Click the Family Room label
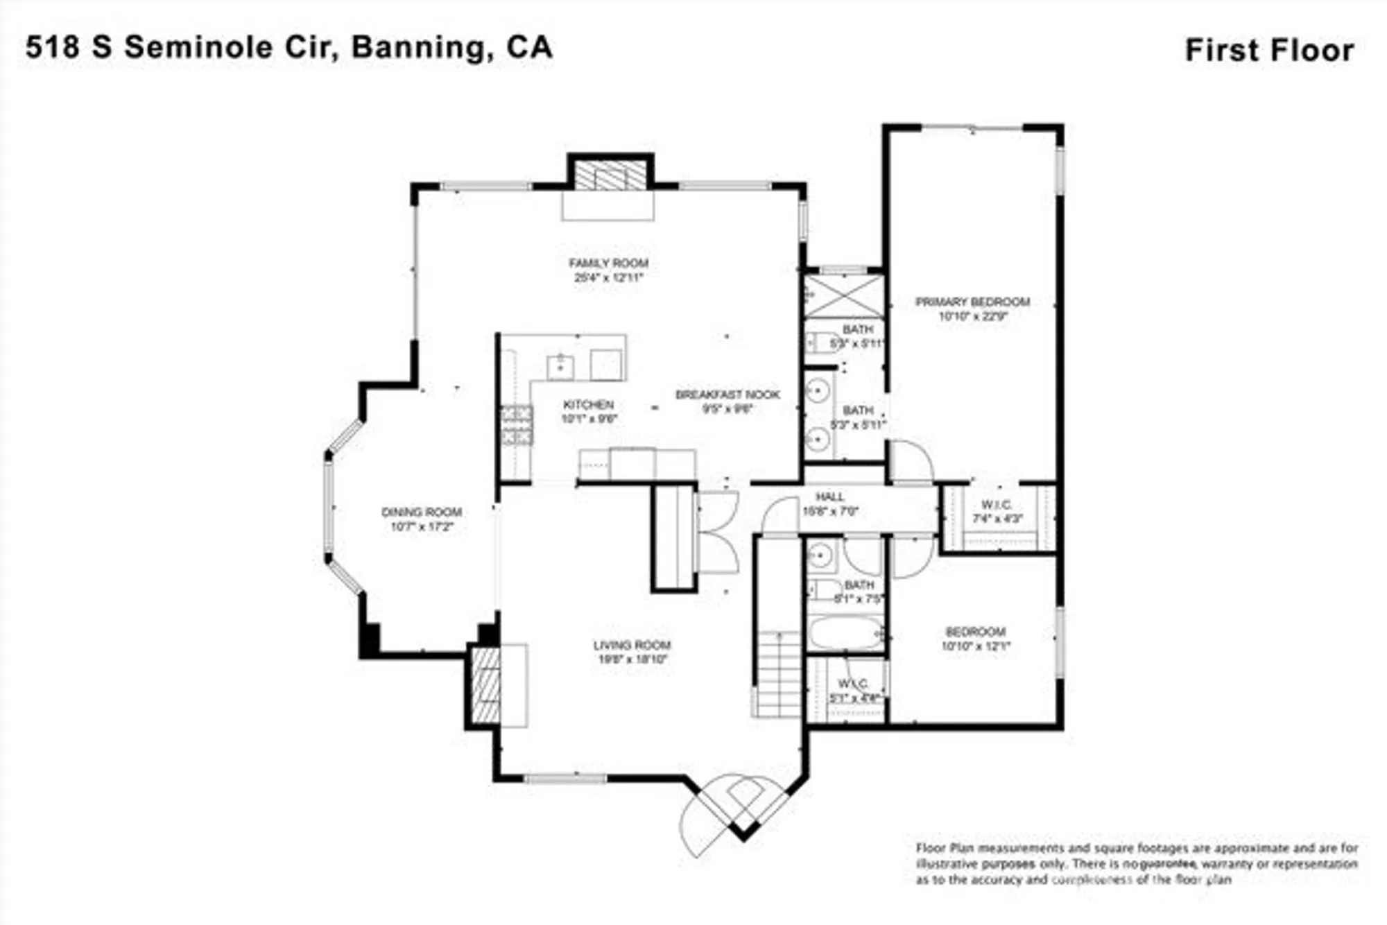point(608,263)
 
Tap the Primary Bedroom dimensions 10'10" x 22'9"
point(972,316)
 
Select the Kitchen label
point(588,404)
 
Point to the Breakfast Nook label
point(727,395)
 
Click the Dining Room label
point(422,512)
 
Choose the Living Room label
point(632,645)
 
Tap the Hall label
point(829,497)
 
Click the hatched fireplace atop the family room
point(610,175)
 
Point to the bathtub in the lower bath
point(845,633)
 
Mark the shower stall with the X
point(843,296)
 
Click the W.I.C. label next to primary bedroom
point(997,505)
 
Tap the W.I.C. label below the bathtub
point(853,684)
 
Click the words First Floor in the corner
point(1269,51)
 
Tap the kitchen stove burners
point(517,425)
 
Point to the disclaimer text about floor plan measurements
point(1137,864)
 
